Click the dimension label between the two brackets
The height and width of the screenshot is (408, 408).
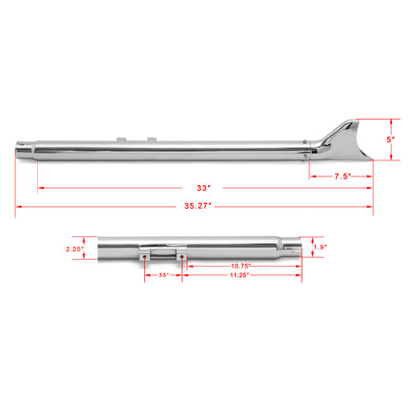click(x=163, y=275)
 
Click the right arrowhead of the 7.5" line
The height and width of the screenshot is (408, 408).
click(x=368, y=176)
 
